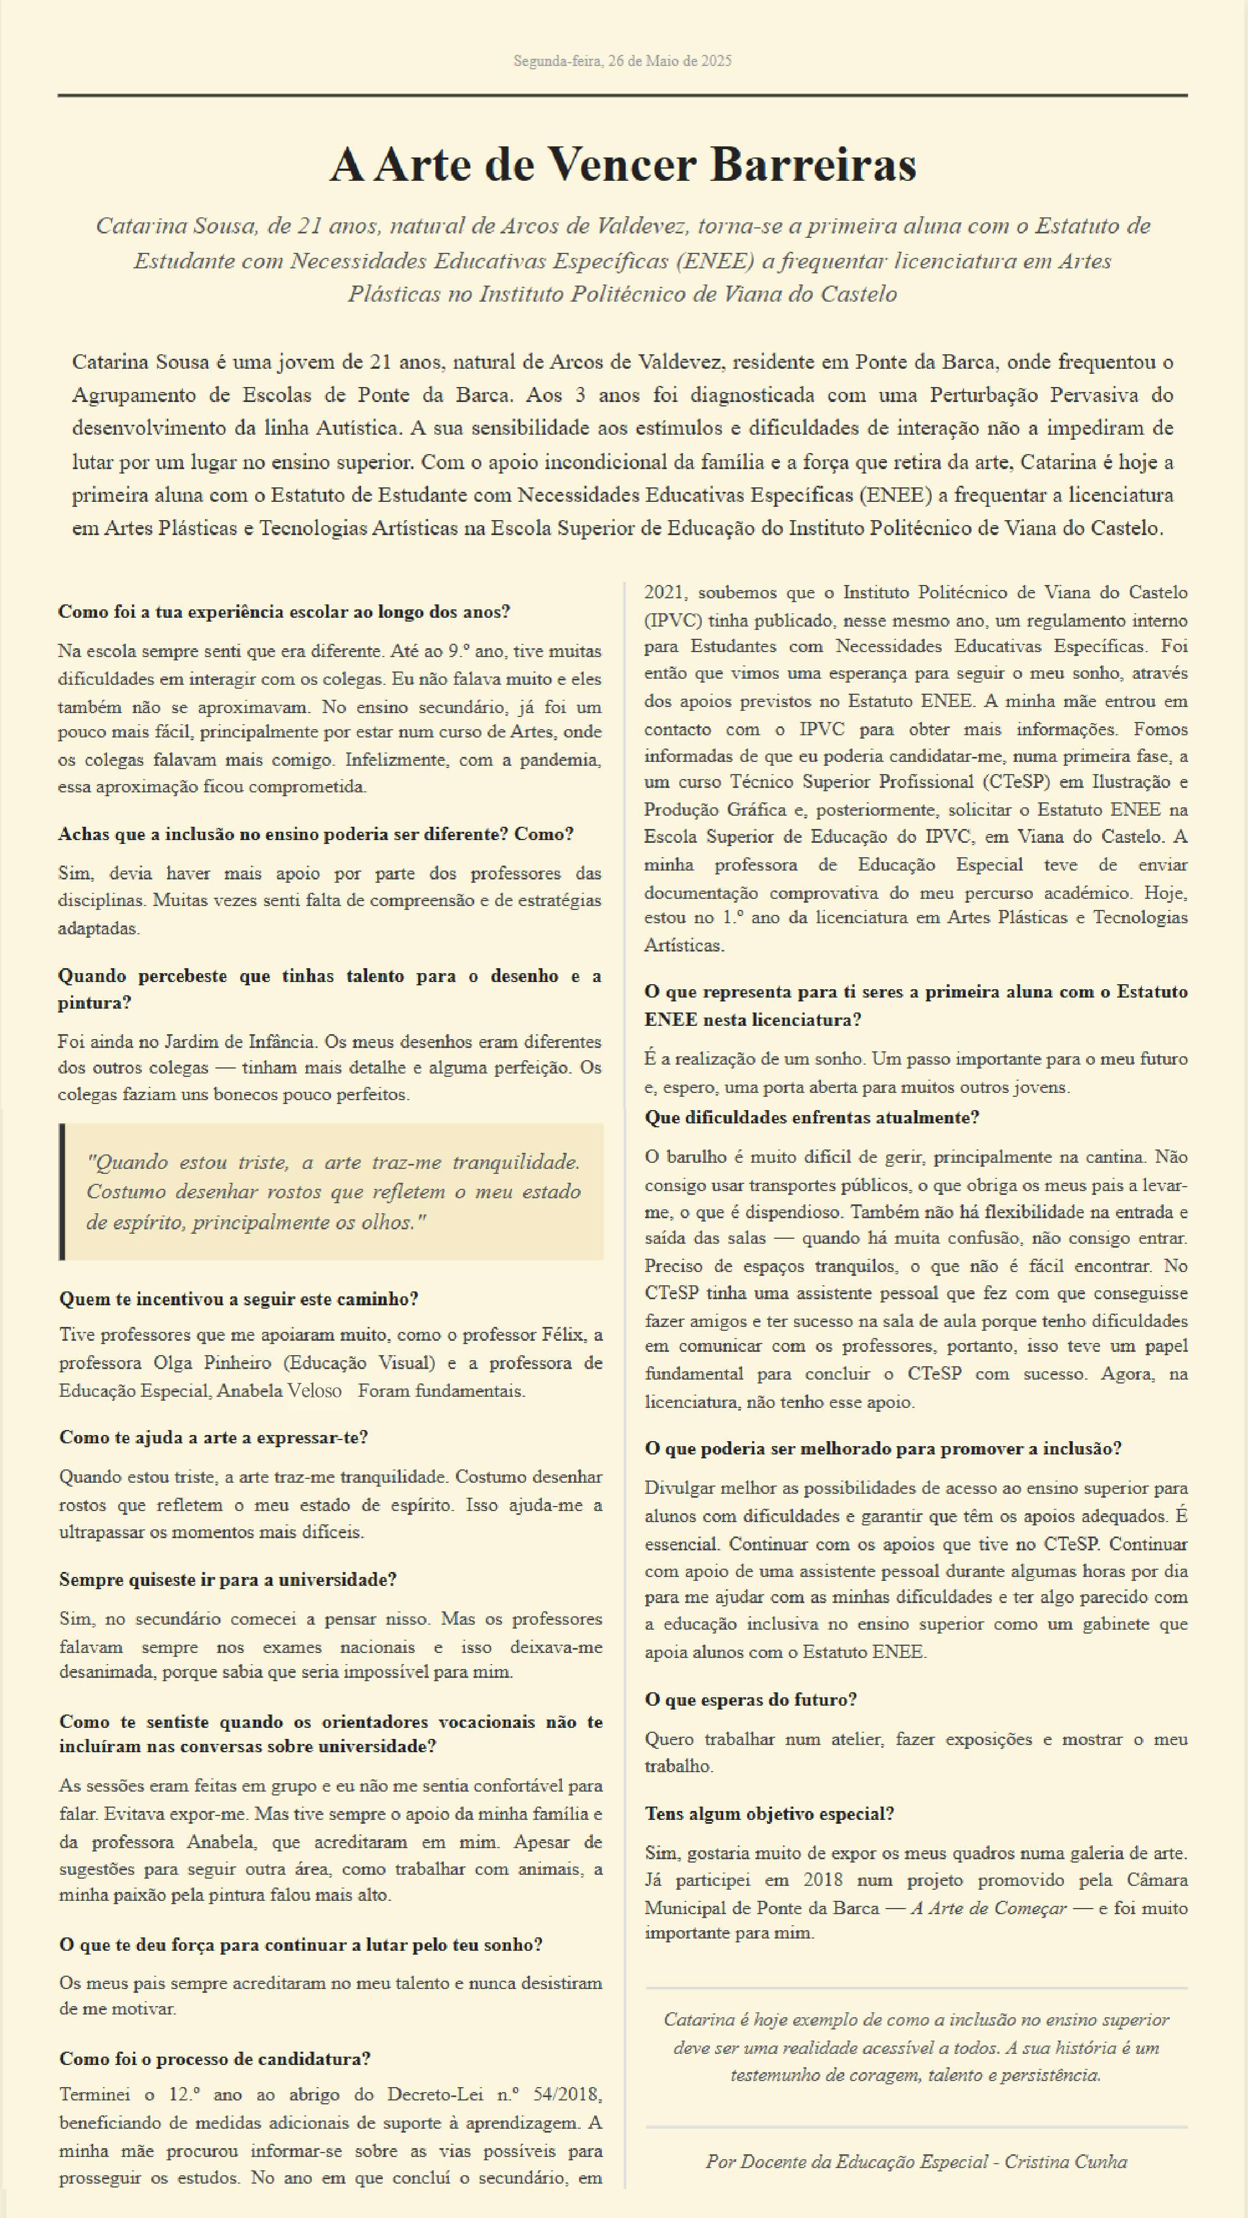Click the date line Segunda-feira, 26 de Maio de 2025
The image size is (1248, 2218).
tap(623, 61)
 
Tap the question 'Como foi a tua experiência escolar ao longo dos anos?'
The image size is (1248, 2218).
tap(284, 612)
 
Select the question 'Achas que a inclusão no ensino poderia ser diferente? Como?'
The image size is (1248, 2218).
tap(315, 835)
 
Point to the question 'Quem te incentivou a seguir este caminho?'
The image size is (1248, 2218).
tap(239, 1299)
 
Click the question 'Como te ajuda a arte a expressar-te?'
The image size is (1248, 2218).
tap(214, 1437)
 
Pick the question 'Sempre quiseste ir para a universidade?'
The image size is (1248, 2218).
tap(227, 1579)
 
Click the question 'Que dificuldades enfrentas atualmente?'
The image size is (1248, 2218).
tap(811, 1118)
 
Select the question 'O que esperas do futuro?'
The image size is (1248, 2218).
tap(750, 1699)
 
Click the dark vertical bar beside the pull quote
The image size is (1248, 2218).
tap(62, 1192)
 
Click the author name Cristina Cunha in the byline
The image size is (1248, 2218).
tap(1066, 2161)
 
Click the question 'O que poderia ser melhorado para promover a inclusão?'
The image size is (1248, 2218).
tap(883, 1448)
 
